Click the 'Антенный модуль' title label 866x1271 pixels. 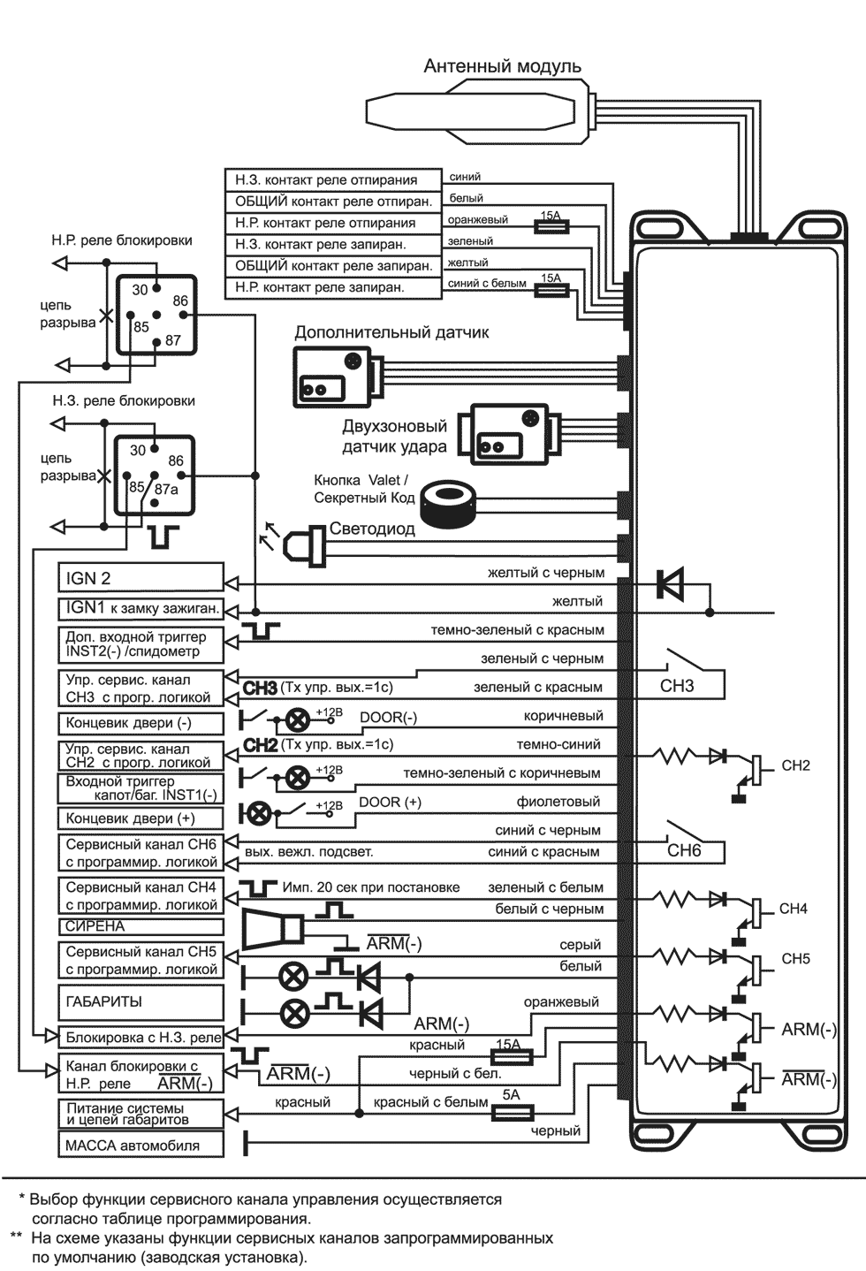point(502,66)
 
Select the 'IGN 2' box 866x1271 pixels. point(141,578)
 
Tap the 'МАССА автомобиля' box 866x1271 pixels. point(141,1145)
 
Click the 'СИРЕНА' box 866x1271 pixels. point(141,926)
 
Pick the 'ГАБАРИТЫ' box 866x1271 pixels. point(141,1002)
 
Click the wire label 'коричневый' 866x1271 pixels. point(563,716)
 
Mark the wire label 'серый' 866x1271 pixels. point(580,945)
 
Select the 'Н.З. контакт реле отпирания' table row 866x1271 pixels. point(332,179)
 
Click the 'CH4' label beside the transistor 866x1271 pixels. point(793,909)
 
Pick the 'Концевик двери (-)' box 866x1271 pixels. point(141,722)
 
